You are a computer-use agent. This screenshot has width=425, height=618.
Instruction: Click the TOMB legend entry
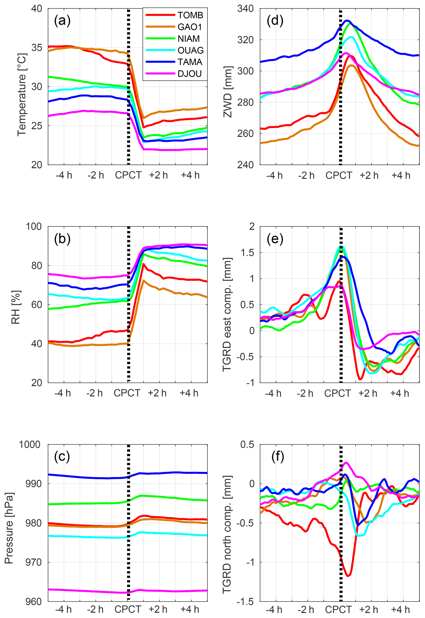(190, 15)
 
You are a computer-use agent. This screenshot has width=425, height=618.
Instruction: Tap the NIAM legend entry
(189, 39)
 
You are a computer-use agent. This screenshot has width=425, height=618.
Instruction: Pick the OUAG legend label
(190, 50)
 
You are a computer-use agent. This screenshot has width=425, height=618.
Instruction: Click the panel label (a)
(62, 21)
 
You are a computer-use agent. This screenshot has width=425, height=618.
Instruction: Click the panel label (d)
(275, 21)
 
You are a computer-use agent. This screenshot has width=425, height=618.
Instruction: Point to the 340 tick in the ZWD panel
(245, 9)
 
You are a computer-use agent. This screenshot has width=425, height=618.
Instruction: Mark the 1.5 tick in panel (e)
(248, 253)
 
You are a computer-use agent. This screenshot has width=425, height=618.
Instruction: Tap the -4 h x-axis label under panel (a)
(64, 175)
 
